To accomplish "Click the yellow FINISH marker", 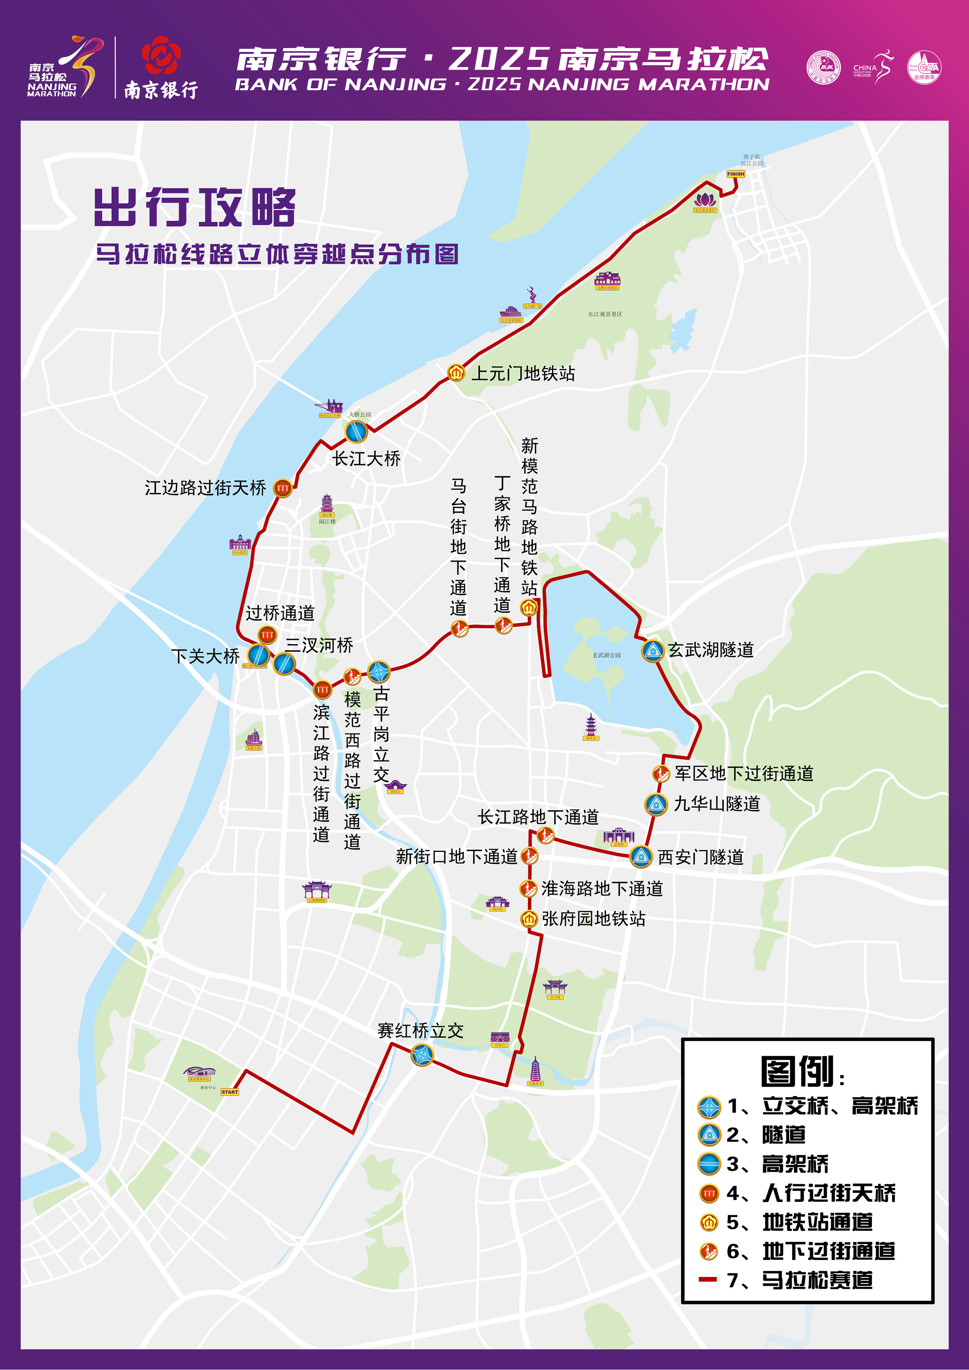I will pyautogui.click(x=736, y=174).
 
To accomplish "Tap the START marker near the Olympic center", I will pyautogui.click(x=229, y=1092).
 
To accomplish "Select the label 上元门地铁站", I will pyautogui.click(x=523, y=373).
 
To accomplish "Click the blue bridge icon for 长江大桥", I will pyautogui.click(x=356, y=432).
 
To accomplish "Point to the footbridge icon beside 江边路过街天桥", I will pyautogui.click(x=282, y=488).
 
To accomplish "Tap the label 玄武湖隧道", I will pyautogui.click(x=710, y=650).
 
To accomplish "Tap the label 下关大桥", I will pyautogui.click(x=206, y=656).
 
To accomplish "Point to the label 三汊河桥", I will pyautogui.click(x=319, y=645).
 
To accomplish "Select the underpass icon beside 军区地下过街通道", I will pyautogui.click(x=660, y=774).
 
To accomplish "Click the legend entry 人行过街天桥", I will pyautogui.click(x=829, y=1193).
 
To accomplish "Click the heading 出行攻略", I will pyautogui.click(x=195, y=207).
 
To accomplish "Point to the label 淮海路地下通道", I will pyautogui.click(x=602, y=888).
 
